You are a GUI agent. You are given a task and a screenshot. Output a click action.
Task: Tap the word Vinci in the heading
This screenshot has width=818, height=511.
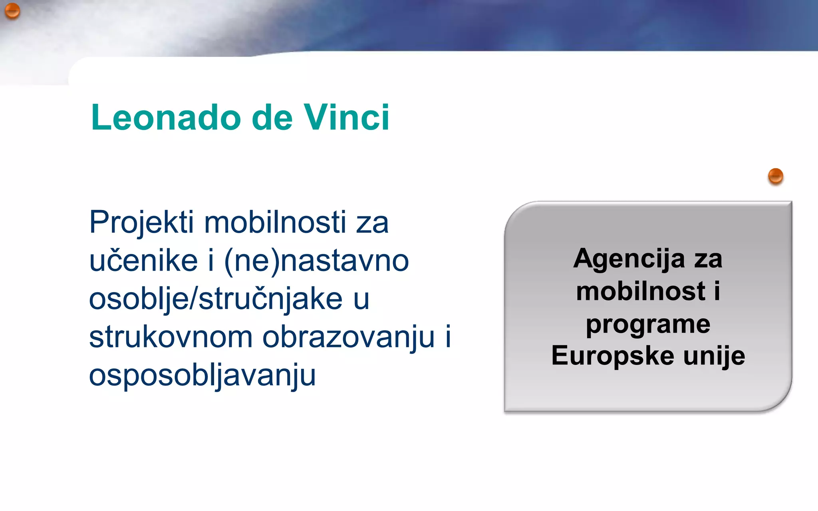(x=346, y=117)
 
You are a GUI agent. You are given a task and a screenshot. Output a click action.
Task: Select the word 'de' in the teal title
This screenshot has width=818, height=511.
(x=272, y=118)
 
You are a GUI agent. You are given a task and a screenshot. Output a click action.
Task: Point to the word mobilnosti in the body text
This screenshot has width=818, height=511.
(x=275, y=222)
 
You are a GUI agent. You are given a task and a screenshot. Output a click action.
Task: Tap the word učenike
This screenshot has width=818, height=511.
(x=143, y=261)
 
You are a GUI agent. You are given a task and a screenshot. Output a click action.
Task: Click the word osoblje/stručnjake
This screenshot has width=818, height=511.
(x=216, y=299)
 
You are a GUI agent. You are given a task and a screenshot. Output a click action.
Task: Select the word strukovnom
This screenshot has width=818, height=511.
(x=171, y=337)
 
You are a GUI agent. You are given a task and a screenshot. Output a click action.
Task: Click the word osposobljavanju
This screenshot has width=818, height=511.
(x=202, y=376)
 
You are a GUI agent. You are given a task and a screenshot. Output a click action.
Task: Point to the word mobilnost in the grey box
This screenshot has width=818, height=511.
(x=641, y=291)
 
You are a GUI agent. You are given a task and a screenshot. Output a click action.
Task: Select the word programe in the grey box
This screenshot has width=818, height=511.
(x=648, y=325)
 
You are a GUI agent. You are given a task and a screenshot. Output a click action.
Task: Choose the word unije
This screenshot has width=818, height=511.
(x=714, y=356)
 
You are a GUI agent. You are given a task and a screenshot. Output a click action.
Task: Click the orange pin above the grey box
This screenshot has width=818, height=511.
(x=775, y=176)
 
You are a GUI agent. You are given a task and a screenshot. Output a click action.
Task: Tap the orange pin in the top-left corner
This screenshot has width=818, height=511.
(x=12, y=10)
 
